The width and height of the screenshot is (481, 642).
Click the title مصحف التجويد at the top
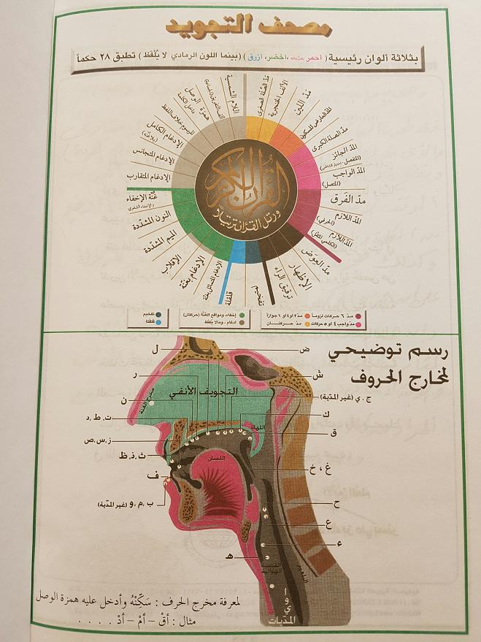241,28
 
